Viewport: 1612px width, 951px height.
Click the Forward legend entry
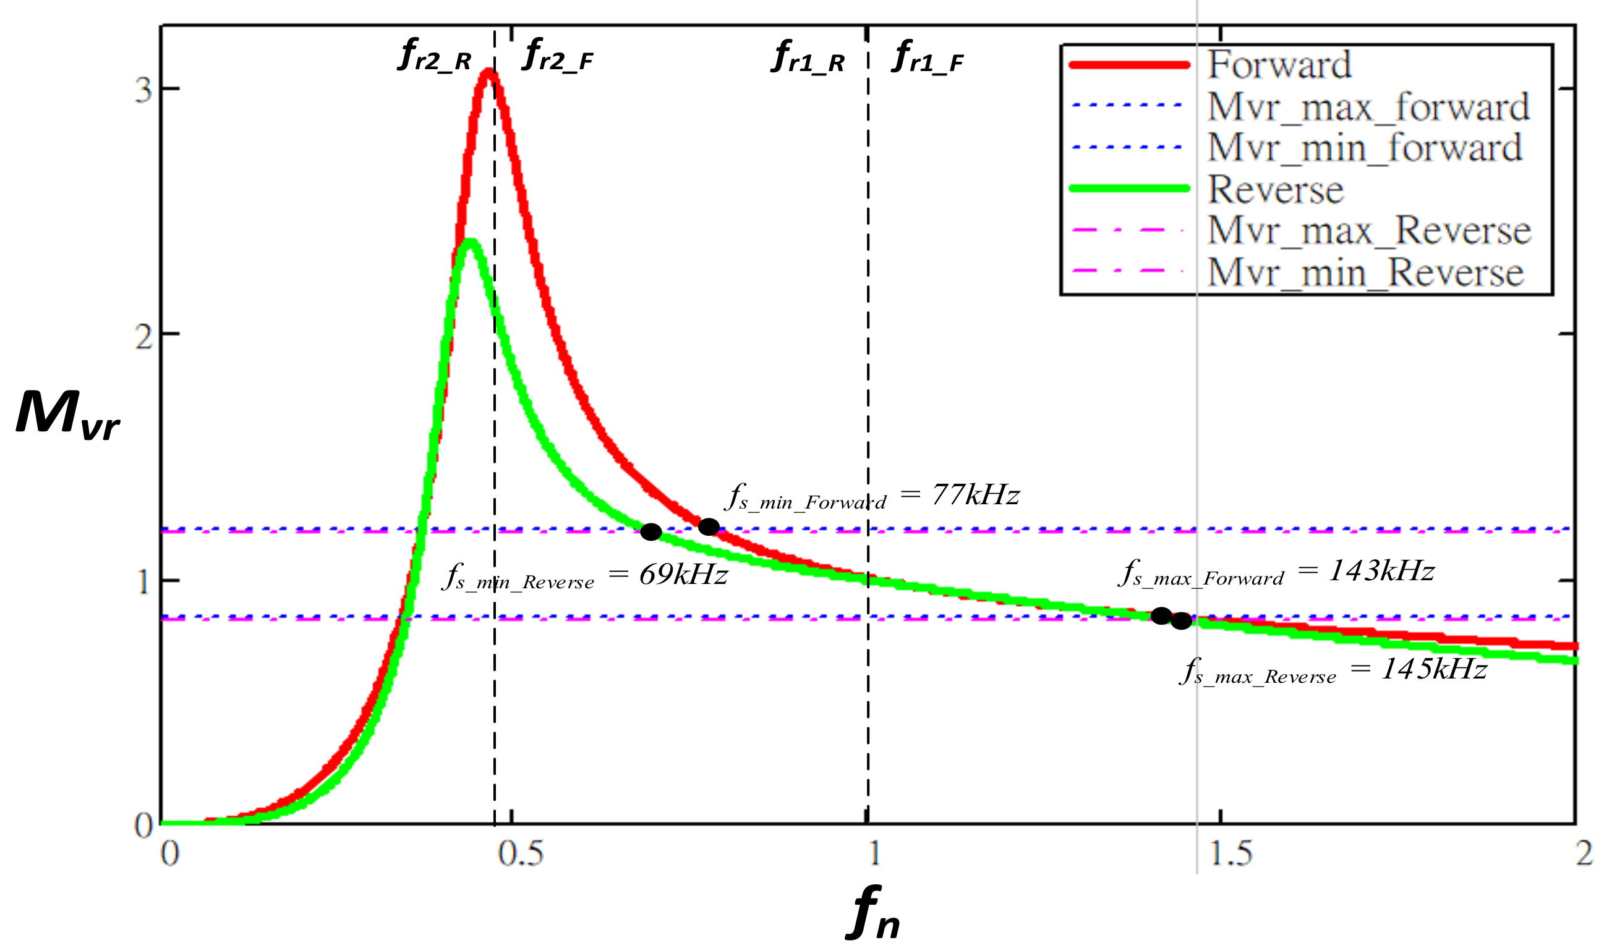tap(1279, 65)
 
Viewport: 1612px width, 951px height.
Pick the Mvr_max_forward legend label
tap(1368, 106)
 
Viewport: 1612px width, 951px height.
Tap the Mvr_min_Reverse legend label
tap(1365, 273)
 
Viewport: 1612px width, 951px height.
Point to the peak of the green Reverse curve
tap(471, 242)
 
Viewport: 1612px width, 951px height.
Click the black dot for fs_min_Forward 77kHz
tap(709, 526)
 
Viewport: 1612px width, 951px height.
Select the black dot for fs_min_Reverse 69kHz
tap(651, 531)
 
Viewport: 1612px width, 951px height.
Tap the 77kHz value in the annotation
tap(974, 496)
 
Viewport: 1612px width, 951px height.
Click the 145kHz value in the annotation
tap(1434, 670)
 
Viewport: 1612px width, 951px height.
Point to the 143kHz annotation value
tap(1381, 571)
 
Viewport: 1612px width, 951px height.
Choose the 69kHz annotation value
tap(683, 575)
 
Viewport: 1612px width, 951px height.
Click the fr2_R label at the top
tap(435, 55)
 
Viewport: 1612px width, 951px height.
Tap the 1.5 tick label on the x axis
tap(1229, 853)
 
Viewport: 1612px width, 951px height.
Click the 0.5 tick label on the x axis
tap(520, 853)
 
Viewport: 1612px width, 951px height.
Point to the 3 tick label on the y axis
tap(143, 90)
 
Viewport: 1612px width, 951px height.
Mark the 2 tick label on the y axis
tap(143, 336)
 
